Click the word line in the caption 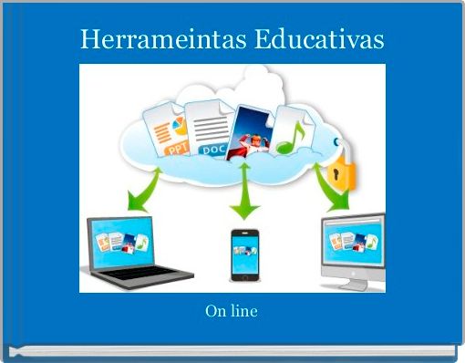(243, 312)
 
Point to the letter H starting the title (88, 40)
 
